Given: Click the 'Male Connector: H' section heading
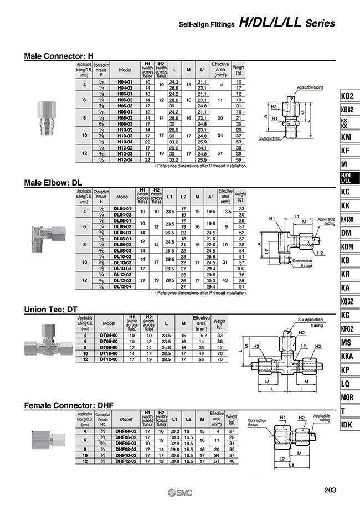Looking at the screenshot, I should [x=59, y=56].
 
